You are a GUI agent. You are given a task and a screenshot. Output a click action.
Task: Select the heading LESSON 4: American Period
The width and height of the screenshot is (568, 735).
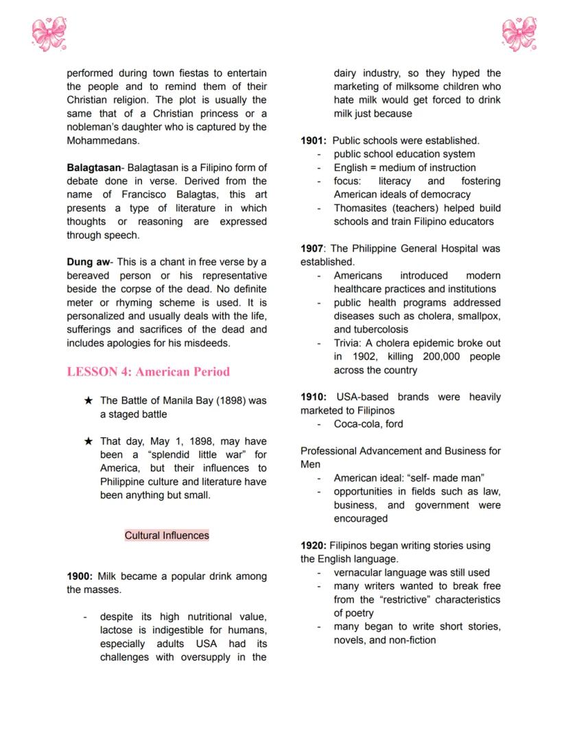tap(148, 372)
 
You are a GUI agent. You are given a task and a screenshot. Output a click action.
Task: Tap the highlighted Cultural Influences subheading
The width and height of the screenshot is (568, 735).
tap(167, 535)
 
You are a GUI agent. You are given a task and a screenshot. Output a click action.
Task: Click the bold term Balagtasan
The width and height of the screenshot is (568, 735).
tap(93, 167)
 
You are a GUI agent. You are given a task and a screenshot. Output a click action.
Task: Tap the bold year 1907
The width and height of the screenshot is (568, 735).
tap(313, 248)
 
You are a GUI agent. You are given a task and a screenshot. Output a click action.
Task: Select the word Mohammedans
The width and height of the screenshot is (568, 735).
tap(103, 141)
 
